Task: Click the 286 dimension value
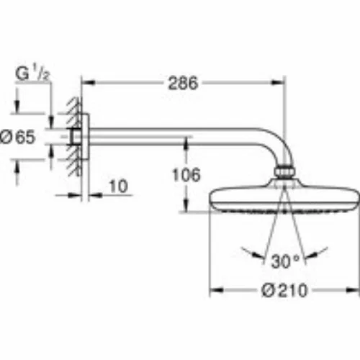pyautogui.click(x=183, y=83)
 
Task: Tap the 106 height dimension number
pyautogui.click(x=186, y=174)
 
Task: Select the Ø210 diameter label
pyautogui.click(x=284, y=290)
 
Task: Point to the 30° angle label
pyautogui.click(x=285, y=261)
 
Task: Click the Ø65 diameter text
pyautogui.click(x=18, y=137)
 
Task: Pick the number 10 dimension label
pyautogui.click(x=118, y=186)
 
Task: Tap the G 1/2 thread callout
pyautogui.click(x=32, y=73)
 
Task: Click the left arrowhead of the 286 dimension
pyautogui.click(x=89, y=83)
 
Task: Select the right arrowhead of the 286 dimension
pyautogui.click(x=279, y=83)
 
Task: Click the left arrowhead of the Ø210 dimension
pyautogui.click(x=217, y=290)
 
